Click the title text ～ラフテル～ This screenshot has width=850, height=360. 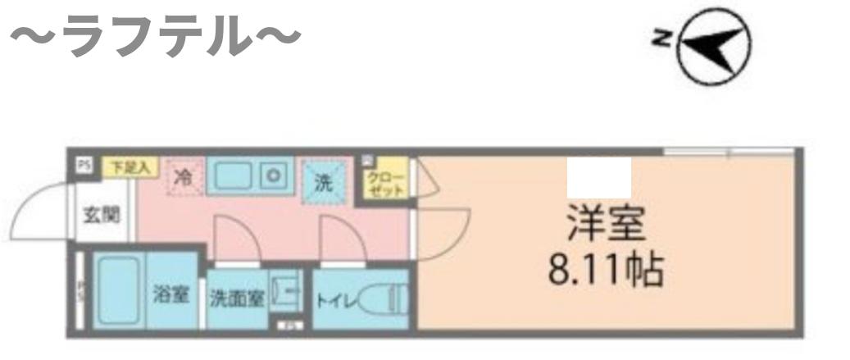coord(156,38)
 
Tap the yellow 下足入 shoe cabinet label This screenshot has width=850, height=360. coord(130,166)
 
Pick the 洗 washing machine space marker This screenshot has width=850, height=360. coord(325,182)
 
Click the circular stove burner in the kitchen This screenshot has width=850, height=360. coord(273,175)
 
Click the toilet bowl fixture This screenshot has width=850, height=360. coord(389,299)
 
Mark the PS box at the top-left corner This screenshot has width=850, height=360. coord(83,165)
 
